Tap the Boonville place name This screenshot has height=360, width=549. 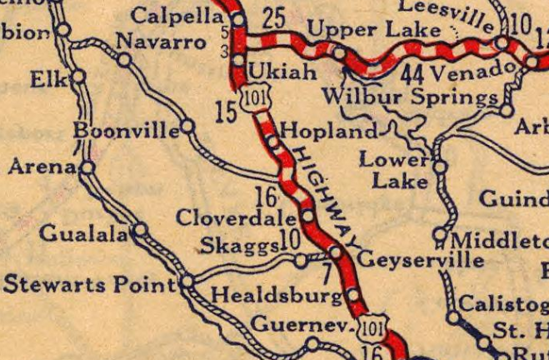(126, 131)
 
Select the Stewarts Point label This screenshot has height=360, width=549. (89, 285)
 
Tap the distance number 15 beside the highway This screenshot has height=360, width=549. (226, 110)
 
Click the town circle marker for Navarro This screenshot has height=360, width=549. (124, 59)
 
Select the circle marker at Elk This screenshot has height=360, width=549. (78, 76)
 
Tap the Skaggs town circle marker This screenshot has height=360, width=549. (300, 262)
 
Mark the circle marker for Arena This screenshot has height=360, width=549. (87, 167)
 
